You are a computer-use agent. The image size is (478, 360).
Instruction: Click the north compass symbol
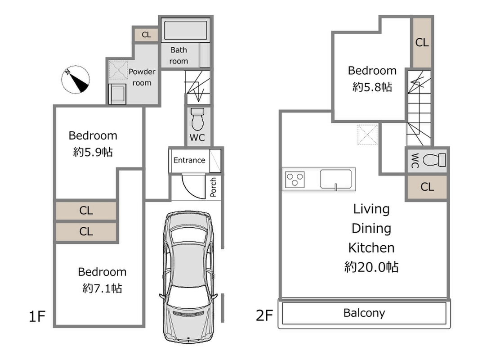[x=76, y=80]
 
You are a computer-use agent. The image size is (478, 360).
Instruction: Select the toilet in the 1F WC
[x=197, y=119]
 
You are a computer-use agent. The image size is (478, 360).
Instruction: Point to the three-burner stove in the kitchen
[x=295, y=179]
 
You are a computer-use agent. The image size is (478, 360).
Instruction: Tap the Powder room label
[x=142, y=77]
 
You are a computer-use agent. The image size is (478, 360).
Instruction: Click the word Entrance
[x=189, y=160]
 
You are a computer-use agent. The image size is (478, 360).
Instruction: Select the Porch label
[x=213, y=187]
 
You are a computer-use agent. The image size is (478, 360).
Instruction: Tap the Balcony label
[x=364, y=313]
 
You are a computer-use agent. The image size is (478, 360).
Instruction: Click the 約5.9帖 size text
[x=93, y=152]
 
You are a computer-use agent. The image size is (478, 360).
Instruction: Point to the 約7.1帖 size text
[x=102, y=288]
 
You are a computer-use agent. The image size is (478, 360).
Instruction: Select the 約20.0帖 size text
[x=371, y=267]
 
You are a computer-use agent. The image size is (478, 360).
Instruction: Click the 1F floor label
[x=37, y=316]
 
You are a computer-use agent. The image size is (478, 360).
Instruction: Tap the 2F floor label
[x=264, y=315]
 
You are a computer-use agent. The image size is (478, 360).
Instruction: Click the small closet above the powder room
[x=146, y=35]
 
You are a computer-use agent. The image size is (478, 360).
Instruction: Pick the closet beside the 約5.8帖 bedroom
[x=422, y=42]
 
